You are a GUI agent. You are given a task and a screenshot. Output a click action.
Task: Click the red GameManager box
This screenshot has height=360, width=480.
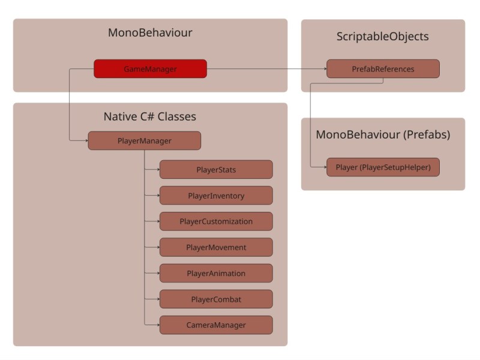click(x=150, y=69)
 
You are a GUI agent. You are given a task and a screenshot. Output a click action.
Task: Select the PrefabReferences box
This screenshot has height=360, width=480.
click(x=383, y=69)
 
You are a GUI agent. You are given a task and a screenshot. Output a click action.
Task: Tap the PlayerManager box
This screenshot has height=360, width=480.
click(x=144, y=141)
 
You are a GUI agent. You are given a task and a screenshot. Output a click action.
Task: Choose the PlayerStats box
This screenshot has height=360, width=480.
click(x=216, y=170)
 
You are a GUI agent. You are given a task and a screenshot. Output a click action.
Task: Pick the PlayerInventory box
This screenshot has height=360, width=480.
click(x=216, y=196)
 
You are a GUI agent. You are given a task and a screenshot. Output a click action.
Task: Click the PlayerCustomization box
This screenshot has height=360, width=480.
click(x=216, y=221)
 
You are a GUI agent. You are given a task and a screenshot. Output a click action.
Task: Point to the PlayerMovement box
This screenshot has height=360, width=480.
click(x=216, y=247)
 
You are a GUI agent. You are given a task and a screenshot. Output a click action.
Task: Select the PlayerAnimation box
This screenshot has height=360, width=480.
click(x=216, y=273)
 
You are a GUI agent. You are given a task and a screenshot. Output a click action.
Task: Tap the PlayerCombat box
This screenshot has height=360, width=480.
click(x=216, y=299)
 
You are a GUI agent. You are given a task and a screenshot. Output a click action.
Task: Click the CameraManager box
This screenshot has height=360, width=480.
click(x=216, y=325)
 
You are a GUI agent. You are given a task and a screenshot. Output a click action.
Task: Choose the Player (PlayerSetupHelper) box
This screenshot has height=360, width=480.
click(x=383, y=167)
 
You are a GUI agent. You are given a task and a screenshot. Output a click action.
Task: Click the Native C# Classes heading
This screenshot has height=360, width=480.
click(x=150, y=116)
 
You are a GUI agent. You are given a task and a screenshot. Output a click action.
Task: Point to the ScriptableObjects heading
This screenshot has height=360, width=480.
click(x=383, y=37)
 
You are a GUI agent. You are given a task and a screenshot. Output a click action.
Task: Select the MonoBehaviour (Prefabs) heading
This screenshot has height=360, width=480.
click(x=383, y=134)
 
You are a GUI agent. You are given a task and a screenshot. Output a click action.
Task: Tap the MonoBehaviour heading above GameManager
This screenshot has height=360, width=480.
click(x=150, y=32)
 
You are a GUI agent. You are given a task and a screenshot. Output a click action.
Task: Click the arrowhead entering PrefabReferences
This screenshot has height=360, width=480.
click(x=324, y=69)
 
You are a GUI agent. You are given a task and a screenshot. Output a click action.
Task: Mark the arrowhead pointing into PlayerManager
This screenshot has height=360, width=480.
click(x=86, y=141)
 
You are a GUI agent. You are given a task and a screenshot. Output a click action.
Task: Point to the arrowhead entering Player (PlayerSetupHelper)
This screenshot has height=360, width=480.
click(x=324, y=167)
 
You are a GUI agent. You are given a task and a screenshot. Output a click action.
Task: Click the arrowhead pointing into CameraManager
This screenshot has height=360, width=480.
click(x=157, y=325)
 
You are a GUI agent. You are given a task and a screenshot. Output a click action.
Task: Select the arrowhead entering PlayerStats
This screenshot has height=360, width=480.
click(x=157, y=170)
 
